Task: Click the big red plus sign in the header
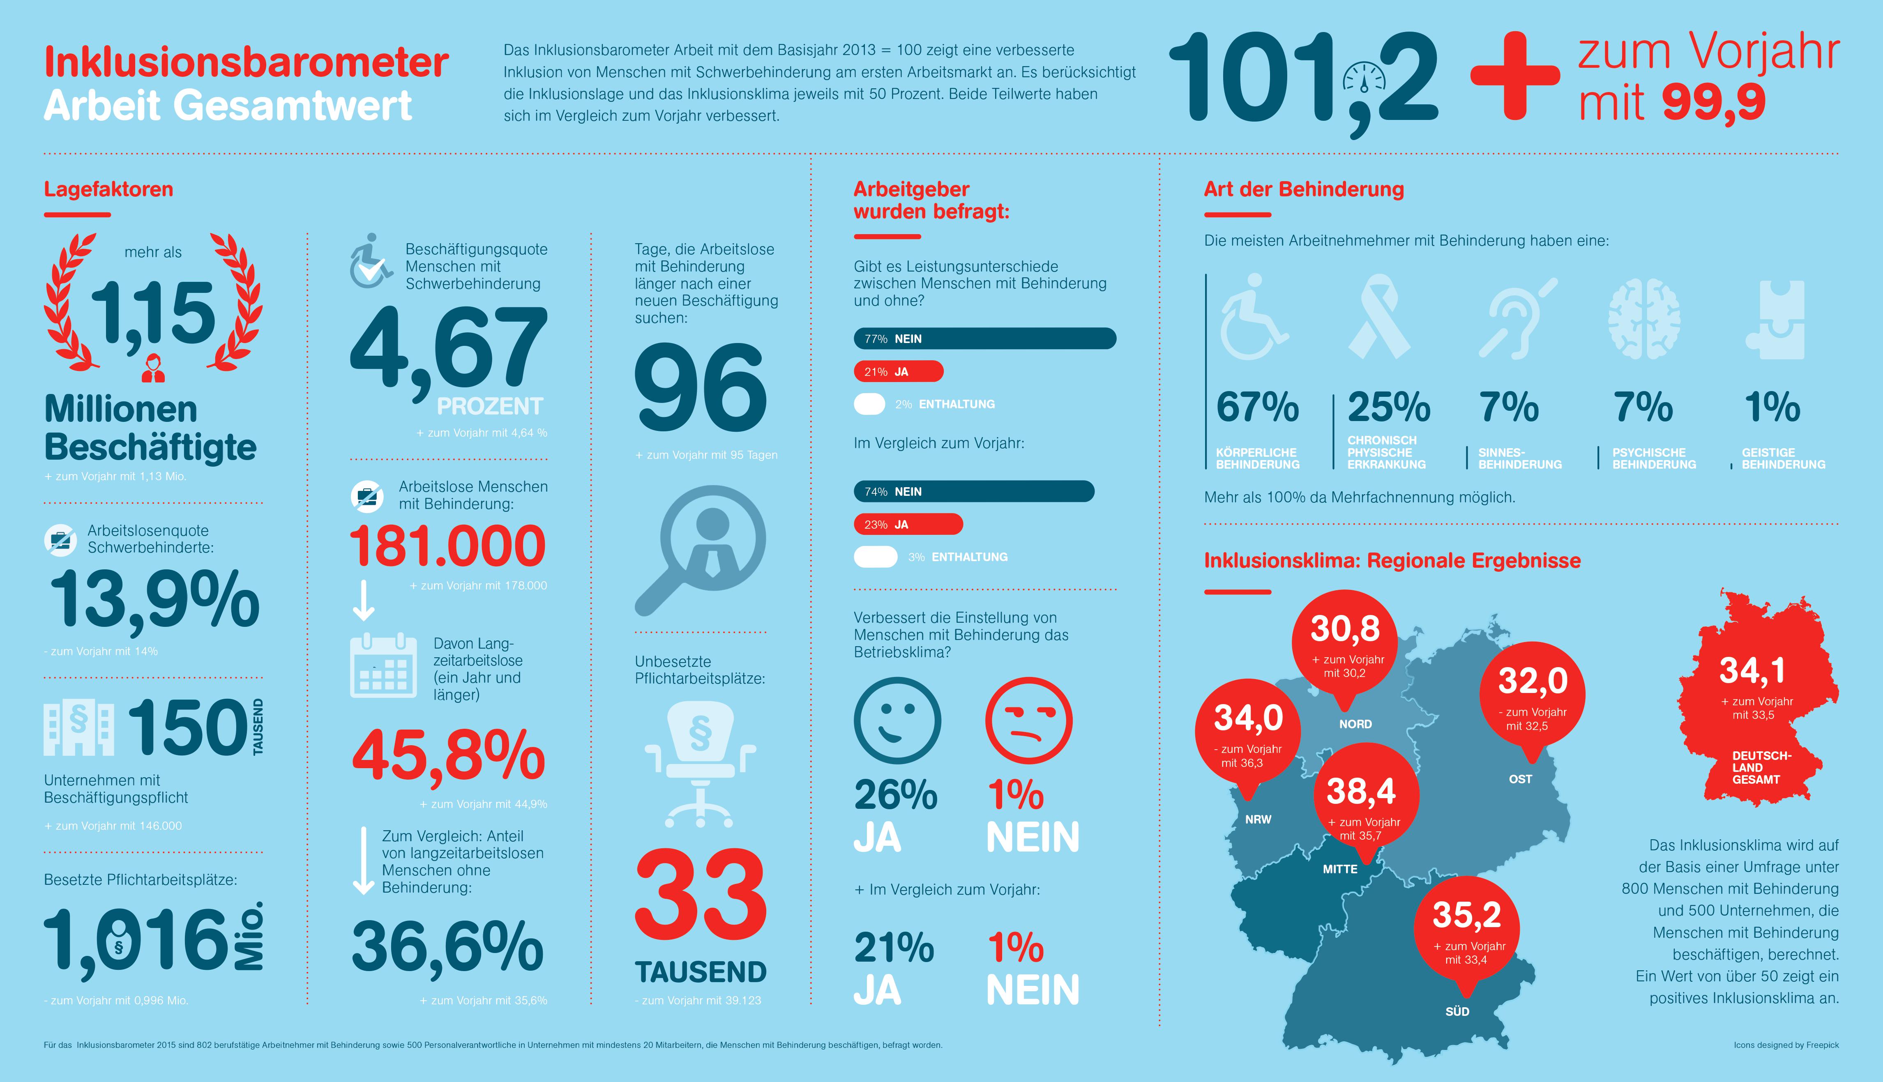(x=1514, y=76)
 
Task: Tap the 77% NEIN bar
(x=984, y=339)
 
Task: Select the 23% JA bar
(x=908, y=524)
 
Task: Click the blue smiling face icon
(x=897, y=721)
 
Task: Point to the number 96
(x=700, y=388)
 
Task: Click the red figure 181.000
(x=448, y=546)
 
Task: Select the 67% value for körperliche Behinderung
(x=1257, y=407)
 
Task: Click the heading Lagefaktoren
(x=108, y=189)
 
